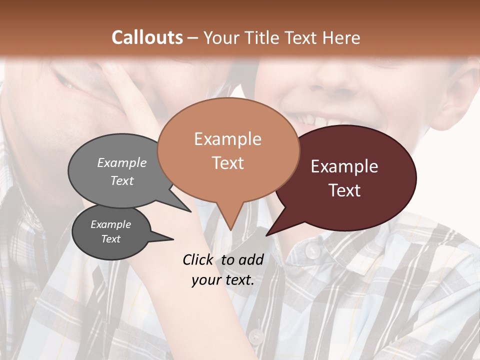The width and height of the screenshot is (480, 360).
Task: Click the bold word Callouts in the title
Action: tap(147, 37)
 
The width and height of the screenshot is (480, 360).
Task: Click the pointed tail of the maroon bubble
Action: tap(267, 235)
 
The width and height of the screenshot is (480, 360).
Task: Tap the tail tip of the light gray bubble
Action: tap(190, 211)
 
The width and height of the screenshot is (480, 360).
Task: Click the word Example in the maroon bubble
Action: tap(344, 166)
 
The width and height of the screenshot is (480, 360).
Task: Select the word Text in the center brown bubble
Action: tap(228, 163)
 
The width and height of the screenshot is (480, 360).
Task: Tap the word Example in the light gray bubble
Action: tap(122, 162)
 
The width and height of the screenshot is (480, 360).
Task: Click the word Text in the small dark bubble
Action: tap(111, 239)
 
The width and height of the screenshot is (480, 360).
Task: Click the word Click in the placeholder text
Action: tap(199, 259)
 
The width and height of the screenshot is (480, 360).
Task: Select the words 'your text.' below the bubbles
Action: tap(223, 280)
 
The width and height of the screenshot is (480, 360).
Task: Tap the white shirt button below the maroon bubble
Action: tap(313, 250)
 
